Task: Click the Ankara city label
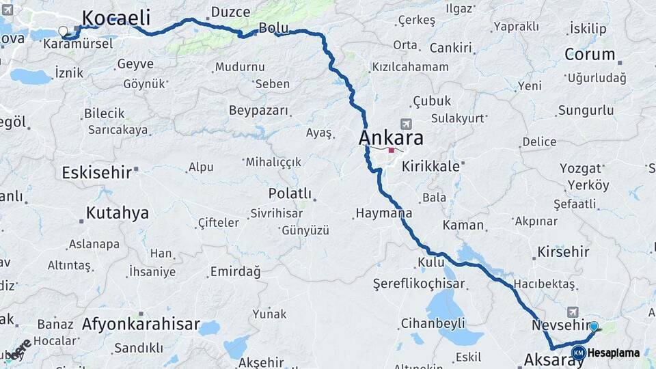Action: [391, 138]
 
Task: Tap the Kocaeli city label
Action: [115, 17]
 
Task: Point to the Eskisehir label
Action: [96, 172]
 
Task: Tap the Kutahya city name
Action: [118, 213]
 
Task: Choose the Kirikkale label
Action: [430, 166]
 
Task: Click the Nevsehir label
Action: [560, 325]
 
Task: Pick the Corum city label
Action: [590, 54]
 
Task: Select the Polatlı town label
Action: [290, 193]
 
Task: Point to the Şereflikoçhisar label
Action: [419, 284]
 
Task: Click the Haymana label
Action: [383, 213]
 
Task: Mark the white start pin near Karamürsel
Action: [64, 31]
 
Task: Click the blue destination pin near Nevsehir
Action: [594, 327]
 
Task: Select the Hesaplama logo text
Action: [614, 353]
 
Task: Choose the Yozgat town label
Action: [581, 168]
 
